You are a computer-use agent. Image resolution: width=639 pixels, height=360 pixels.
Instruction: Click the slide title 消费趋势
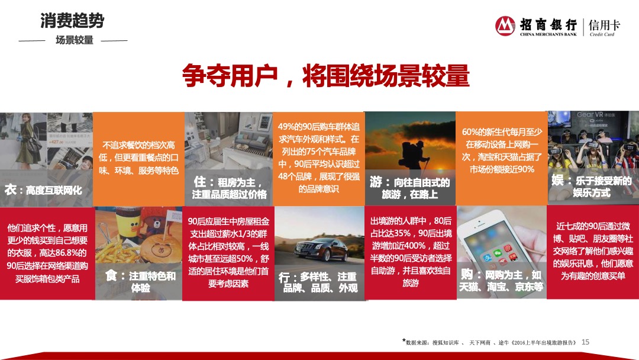point(72,21)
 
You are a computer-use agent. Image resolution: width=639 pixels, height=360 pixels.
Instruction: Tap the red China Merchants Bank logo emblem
point(505,26)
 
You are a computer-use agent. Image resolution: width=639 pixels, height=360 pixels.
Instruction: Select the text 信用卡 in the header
point(604,25)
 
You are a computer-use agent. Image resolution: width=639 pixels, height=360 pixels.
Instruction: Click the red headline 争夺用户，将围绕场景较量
point(326,77)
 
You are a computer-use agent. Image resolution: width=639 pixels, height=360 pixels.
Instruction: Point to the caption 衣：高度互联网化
point(43,190)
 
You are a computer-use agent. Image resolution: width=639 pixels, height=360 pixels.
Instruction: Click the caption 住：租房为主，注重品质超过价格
point(230,188)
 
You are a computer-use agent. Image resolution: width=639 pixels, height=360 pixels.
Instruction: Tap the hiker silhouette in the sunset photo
point(407,152)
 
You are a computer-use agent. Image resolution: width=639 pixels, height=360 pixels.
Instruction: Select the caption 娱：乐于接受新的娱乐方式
point(591,187)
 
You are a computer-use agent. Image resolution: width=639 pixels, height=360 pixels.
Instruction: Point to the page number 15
point(586,342)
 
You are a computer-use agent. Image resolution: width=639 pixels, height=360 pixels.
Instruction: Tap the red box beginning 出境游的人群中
point(411,252)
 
